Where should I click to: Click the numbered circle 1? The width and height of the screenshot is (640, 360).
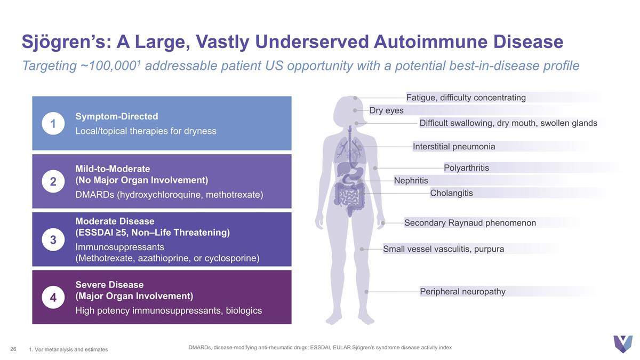(x=53, y=124)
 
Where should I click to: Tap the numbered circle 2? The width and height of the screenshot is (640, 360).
(x=53, y=181)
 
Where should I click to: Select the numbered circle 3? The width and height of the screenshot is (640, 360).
(x=53, y=239)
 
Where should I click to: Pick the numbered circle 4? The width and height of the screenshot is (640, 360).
(x=53, y=298)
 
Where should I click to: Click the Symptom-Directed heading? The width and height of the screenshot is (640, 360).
(x=117, y=116)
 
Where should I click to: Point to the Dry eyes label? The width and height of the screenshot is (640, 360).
(x=386, y=110)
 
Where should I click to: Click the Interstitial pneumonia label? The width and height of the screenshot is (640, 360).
(x=454, y=147)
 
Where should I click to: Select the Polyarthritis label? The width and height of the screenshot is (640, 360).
(x=466, y=167)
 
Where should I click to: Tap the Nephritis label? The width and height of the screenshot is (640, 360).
(x=411, y=181)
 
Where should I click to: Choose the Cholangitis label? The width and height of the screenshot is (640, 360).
(x=451, y=193)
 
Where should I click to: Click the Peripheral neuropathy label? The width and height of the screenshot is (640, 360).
(x=462, y=291)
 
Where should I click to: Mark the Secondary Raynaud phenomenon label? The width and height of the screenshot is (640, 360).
(x=470, y=223)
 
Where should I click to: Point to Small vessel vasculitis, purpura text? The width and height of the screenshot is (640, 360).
(x=443, y=249)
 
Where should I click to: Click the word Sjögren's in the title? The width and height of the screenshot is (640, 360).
(x=67, y=42)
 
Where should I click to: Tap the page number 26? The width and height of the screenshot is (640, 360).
(x=13, y=349)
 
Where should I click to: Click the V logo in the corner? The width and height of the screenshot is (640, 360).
(x=623, y=344)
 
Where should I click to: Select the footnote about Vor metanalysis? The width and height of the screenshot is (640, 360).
(x=68, y=349)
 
